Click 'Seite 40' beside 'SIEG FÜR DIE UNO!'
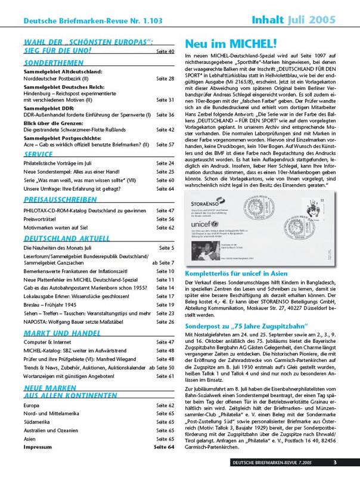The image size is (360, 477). tap(164, 52)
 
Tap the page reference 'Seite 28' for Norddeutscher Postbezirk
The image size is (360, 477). tap(165, 78)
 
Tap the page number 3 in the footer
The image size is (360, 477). tap(335, 463)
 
